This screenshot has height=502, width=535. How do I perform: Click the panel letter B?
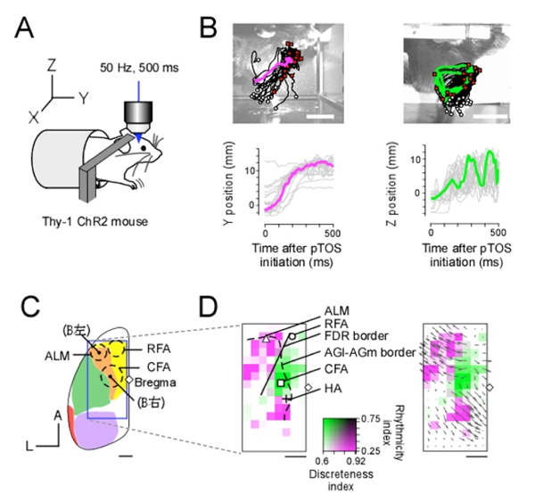pos(208,28)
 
